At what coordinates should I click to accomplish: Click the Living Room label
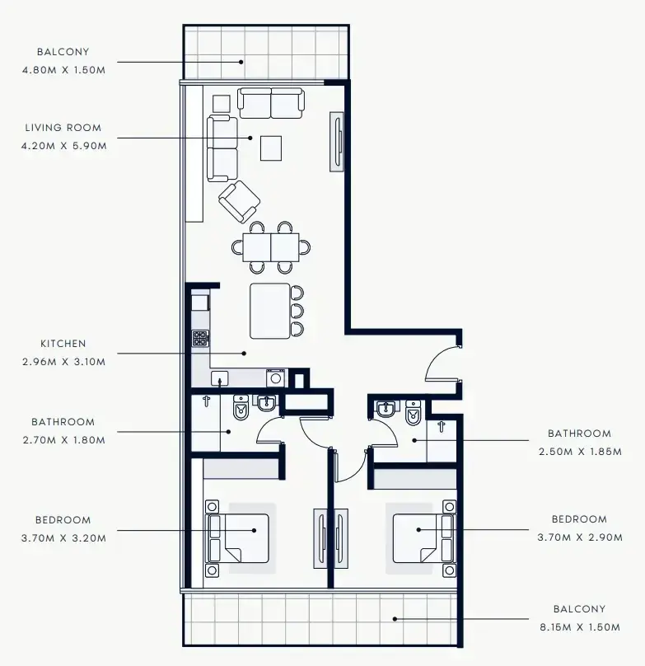63,128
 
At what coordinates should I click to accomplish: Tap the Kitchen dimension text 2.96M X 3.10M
63,362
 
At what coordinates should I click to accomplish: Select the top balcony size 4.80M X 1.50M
63,70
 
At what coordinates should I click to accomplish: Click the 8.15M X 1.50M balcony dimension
580,627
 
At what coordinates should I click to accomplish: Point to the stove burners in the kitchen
200,339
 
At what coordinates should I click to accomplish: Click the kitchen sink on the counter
219,378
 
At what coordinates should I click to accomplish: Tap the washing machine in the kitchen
276,378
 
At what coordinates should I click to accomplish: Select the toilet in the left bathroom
241,408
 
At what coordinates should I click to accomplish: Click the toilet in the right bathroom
414,412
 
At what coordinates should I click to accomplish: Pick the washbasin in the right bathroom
386,409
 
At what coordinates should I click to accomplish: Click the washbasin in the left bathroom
267,403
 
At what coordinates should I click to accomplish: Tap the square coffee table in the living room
271,148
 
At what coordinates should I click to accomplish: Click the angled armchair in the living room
240,202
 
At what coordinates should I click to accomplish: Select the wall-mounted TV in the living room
337,142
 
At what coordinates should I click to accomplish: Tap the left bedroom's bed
237,538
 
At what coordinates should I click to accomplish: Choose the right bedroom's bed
424,538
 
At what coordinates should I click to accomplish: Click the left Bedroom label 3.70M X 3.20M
63,529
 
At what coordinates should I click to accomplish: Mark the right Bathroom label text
580,434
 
